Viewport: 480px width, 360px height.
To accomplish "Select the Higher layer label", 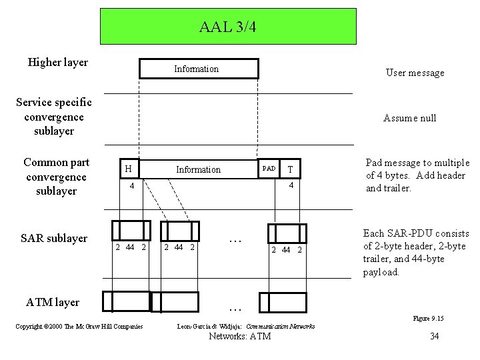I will [58, 63].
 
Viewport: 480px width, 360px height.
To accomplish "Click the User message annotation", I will [414, 73].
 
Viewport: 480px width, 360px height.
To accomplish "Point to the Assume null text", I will [409, 118].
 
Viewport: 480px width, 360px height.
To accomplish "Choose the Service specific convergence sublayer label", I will [55, 116].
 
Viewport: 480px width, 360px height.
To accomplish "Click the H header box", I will [127, 169].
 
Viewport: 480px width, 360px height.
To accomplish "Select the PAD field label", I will [268, 169].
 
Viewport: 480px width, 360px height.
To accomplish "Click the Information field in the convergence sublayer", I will [198, 169].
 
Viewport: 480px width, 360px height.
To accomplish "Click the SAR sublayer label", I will [55, 238].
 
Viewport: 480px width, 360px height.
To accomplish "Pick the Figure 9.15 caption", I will [428, 319].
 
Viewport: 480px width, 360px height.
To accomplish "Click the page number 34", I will [434, 336].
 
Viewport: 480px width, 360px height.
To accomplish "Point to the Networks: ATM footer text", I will [240, 337].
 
